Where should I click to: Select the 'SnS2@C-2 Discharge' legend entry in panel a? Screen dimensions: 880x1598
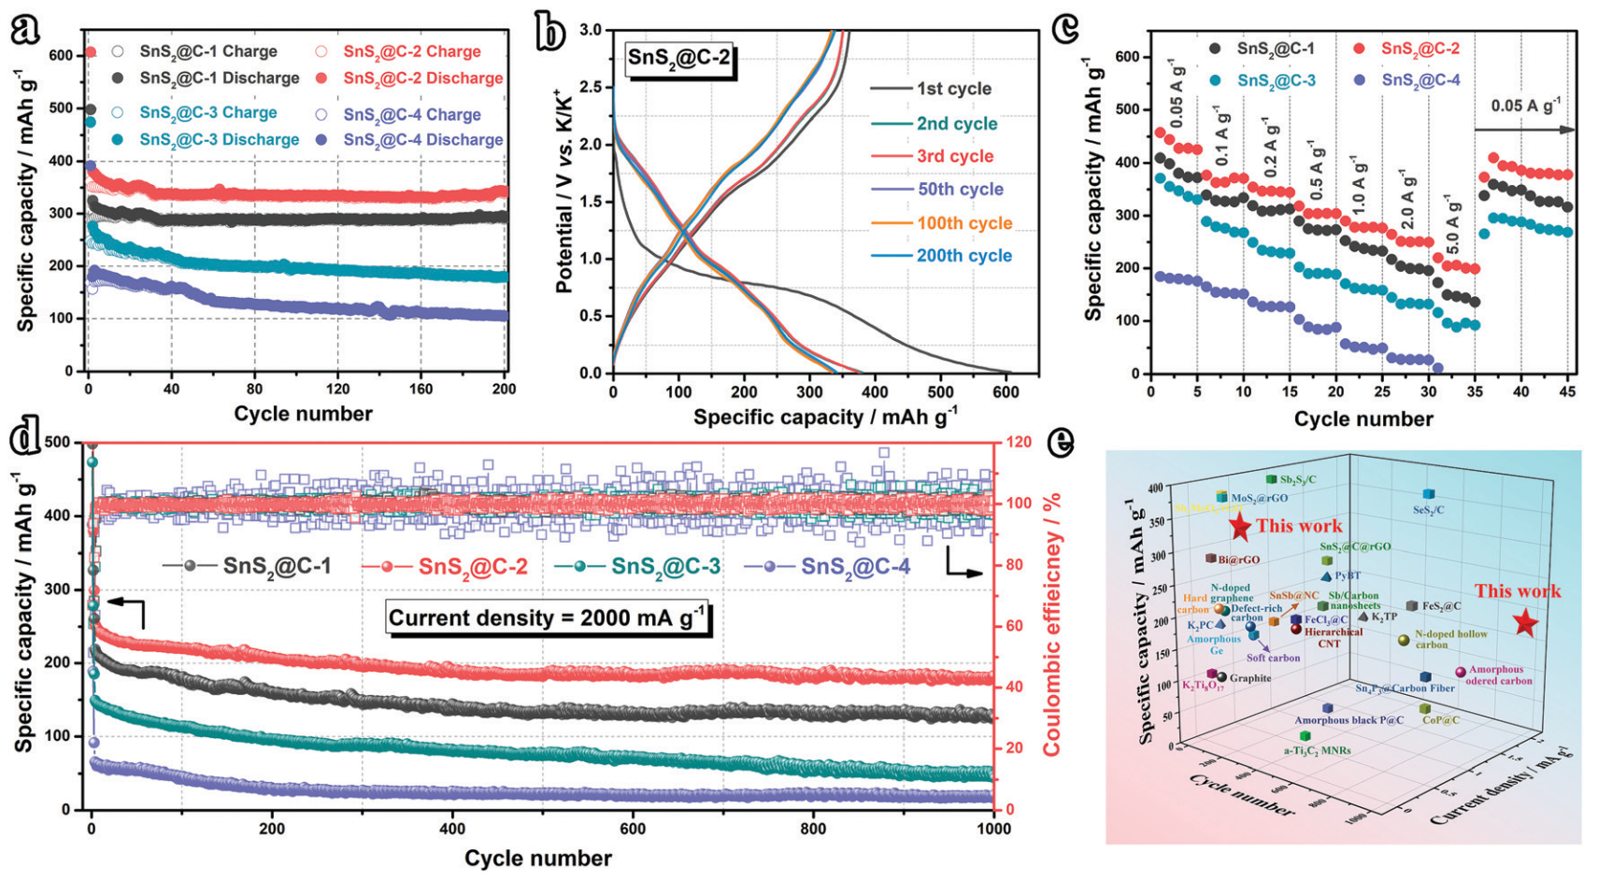click(x=422, y=78)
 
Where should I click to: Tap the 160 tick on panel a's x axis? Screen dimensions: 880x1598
click(x=421, y=389)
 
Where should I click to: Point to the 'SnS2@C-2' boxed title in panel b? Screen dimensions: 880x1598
click(x=678, y=58)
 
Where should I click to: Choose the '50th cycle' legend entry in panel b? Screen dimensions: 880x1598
click(x=960, y=189)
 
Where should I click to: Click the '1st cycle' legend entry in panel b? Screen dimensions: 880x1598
click(x=953, y=89)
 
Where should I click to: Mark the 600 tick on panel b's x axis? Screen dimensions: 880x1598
click(x=1006, y=391)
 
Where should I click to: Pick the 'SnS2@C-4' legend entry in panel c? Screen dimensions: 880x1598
click(x=1420, y=80)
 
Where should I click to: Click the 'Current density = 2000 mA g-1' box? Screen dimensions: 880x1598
click(x=548, y=617)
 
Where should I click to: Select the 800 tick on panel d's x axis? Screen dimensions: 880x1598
click(x=813, y=829)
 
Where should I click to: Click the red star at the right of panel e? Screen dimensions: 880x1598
click(x=1525, y=622)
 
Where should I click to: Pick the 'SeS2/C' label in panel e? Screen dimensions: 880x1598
click(x=1428, y=510)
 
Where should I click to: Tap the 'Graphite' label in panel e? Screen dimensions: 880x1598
click(x=1249, y=678)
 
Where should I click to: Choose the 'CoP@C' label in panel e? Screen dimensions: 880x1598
click(x=1440, y=720)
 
